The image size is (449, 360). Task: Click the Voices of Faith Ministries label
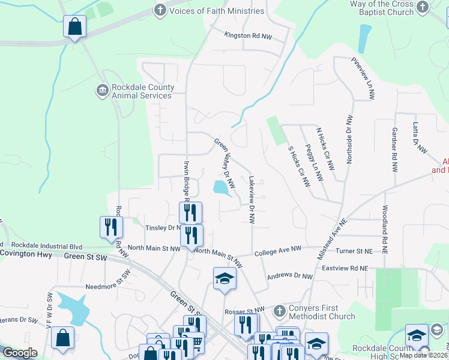(217, 11)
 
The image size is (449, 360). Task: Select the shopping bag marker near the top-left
(74, 27)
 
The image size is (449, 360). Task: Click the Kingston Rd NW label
(248, 36)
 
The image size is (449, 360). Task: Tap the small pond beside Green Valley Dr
(221, 188)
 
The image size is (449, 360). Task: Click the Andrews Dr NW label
(290, 277)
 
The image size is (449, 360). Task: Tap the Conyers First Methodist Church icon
(279, 311)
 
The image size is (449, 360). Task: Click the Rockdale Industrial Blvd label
(46, 245)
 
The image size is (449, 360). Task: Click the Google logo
(20, 353)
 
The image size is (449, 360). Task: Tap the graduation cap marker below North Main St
(224, 278)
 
